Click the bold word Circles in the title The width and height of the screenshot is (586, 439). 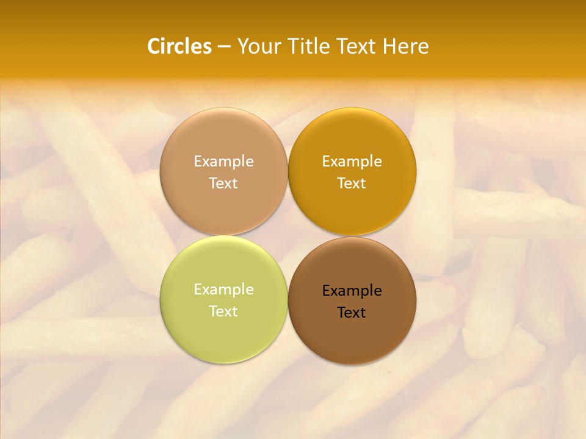tap(179, 46)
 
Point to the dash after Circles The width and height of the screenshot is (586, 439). tap(224, 47)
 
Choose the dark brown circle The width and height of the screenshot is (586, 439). tap(352, 332)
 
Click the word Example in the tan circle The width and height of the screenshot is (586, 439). tap(223, 161)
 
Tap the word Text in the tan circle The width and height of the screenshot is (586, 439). tap(223, 183)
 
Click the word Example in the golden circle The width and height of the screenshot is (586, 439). tap(352, 161)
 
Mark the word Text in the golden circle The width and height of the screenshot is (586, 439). tap(352, 183)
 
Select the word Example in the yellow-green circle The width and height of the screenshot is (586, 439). tap(223, 289)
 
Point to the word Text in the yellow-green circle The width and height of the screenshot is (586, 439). tap(223, 311)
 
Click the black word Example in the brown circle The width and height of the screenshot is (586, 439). tap(352, 290)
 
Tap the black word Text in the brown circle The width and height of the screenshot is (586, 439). tap(352, 312)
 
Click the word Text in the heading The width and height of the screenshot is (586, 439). tap(356, 46)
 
